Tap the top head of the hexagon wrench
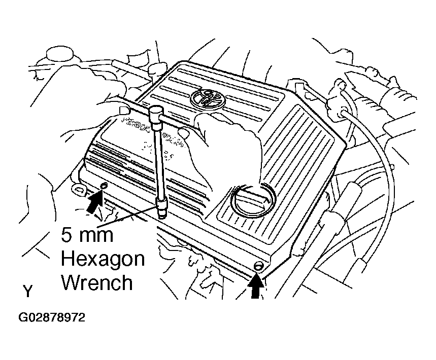[x=155, y=110]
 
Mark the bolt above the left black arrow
[x=104, y=187]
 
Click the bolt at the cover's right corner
[x=258, y=266]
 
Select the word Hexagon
[x=103, y=259]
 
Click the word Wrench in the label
[x=97, y=282]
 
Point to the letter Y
[x=28, y=291]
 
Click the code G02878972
[x=52, y=318]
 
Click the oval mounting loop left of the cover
[x=79, y=191]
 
